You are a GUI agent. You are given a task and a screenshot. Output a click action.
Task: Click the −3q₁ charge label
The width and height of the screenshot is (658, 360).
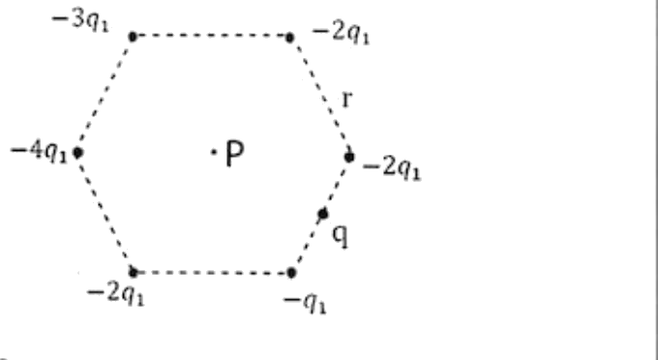pos(80,21)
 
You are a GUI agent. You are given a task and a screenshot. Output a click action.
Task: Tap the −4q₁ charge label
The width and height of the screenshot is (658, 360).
pos(39,152)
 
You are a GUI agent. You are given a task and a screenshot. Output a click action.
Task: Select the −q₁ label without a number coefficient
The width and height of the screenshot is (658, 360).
pos(305,303)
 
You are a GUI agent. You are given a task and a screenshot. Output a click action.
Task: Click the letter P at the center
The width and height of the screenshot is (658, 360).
pos(234,154)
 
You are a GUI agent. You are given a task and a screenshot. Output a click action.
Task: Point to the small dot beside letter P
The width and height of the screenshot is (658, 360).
pos(214,153)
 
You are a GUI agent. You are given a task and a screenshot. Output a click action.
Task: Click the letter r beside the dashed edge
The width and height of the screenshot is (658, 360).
pos(347,100)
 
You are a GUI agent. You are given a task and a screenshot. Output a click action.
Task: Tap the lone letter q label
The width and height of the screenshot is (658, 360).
pos(341,236)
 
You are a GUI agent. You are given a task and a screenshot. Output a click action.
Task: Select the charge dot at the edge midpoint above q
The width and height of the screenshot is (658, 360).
pos(322,214)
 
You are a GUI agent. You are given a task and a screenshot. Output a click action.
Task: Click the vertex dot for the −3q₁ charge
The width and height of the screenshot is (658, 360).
pos(133,37)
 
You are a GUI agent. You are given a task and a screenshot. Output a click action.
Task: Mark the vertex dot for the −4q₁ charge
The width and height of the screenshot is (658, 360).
pos(77,153)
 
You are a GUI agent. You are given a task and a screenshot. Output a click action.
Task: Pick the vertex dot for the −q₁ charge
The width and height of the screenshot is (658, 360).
pos(291,273)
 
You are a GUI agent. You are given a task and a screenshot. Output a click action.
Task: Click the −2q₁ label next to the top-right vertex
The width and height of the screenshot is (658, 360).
pos(341,33)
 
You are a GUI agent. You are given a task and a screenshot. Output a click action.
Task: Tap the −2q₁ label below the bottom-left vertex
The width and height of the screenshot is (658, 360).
pos(115,294)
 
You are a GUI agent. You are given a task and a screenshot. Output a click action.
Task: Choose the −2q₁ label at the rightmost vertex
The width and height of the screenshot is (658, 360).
pos(392,168)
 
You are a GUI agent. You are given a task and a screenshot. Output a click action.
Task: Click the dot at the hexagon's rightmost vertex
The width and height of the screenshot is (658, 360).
pos(349,157)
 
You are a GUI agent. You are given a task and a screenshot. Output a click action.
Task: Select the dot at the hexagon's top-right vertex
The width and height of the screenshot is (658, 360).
pos(289,38)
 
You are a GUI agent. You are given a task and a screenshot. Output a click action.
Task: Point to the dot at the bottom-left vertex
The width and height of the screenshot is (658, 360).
pos(133,273)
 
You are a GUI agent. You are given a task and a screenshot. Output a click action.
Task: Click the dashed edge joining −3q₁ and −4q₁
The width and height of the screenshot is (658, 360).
pos(105,95)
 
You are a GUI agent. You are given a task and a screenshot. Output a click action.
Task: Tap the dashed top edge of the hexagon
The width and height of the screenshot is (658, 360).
pos(211,36)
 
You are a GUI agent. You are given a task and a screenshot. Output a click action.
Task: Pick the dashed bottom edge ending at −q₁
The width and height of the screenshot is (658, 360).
pos(212,273)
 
